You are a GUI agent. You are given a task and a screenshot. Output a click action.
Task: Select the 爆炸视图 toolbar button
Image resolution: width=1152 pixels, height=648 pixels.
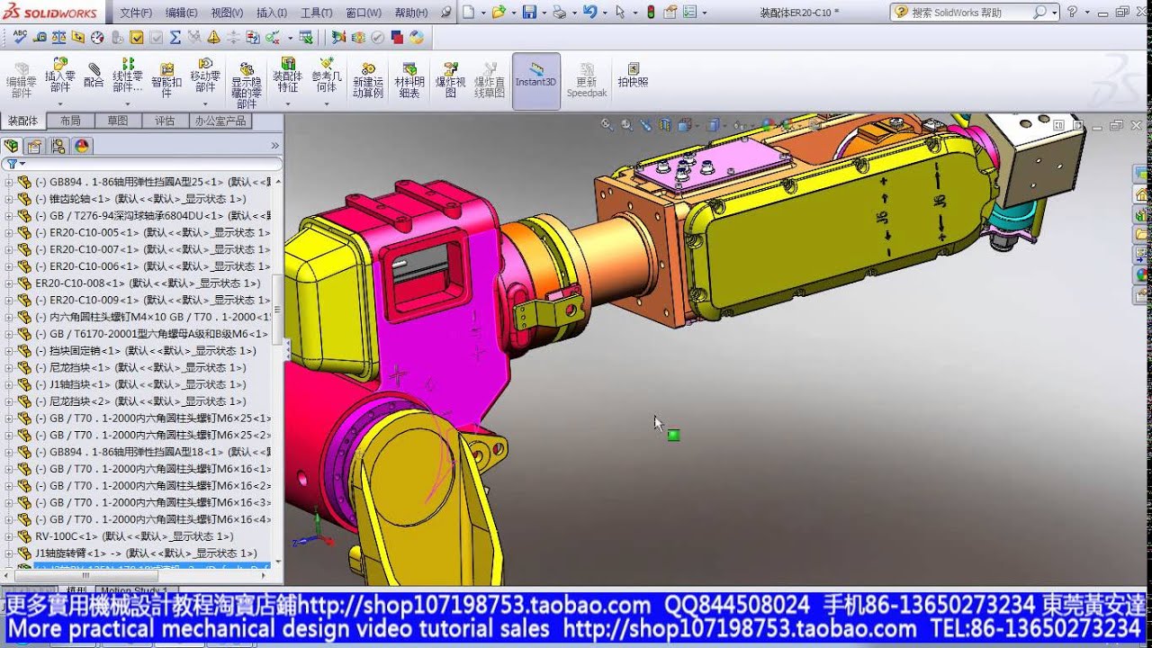point(450,80)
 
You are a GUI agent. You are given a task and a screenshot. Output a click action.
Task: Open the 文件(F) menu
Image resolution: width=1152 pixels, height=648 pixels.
point(135,13)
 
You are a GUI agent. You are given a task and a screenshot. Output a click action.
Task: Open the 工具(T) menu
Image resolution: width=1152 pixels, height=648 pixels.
point(317,13)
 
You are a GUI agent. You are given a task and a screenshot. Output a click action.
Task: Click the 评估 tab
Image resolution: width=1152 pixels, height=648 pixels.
point(165,121)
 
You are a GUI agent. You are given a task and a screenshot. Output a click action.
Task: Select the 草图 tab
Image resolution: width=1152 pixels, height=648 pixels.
point(118,121)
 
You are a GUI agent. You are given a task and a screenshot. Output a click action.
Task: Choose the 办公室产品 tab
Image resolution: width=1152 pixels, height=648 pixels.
point(220,121)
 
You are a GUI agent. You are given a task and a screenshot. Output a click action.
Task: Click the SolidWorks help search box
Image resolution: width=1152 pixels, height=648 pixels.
point(967,13)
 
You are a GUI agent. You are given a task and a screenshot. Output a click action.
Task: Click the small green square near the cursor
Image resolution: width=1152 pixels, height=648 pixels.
point(673,436)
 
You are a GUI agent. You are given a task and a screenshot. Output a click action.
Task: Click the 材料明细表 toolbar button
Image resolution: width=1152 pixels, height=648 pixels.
point(409,80)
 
